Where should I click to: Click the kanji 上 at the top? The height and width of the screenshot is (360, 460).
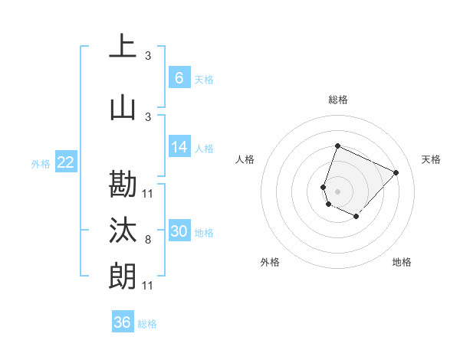coord(123,46)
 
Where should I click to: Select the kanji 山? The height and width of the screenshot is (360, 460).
coord(123,109)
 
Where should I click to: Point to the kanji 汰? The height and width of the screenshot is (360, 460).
coord(123,231)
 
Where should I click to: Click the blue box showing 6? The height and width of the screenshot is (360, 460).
coord(179,77)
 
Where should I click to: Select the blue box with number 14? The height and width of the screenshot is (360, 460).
coord(179,147)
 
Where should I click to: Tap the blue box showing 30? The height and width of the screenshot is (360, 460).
coord(179,231)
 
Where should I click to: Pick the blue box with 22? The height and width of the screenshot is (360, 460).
coord(65,162)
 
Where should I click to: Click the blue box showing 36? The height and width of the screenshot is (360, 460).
coord(122,322)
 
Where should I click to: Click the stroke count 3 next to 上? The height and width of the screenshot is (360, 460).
coord(148,55)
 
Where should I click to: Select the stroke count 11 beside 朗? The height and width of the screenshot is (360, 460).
coord(148,285)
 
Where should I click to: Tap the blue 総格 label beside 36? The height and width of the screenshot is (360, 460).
coord(147,324)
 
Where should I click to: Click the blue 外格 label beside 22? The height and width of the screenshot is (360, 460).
coord(40,163)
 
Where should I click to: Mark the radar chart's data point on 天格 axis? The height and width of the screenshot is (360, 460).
coord(396,172)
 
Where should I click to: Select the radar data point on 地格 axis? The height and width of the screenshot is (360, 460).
coord(356,217)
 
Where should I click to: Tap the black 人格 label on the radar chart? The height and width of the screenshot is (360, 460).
coord(245,159)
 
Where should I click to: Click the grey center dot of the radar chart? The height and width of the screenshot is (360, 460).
coord(337,191)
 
